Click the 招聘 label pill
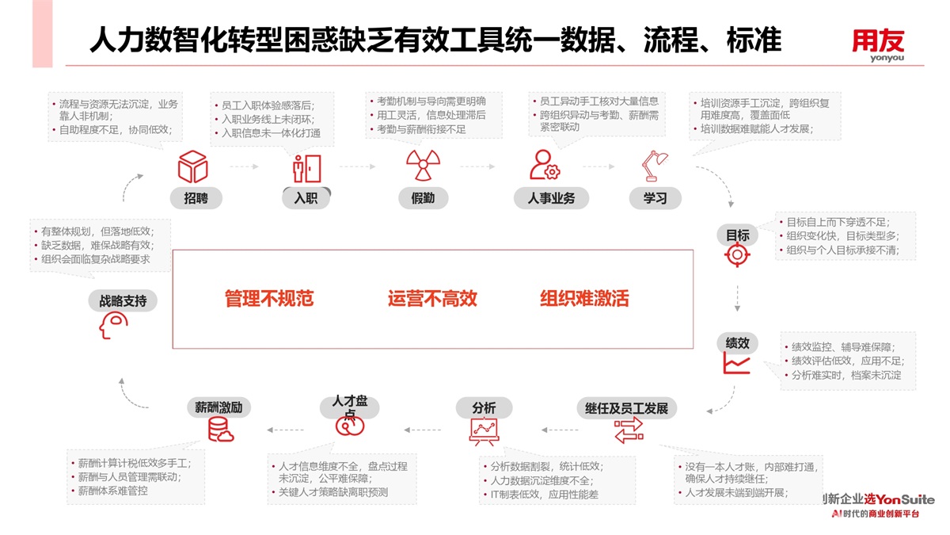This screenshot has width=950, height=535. pos(196,198)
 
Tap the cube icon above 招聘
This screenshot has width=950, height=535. pos(192,166)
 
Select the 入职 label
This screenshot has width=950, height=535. pos(306,198)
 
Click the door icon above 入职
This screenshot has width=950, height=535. pos(306,167)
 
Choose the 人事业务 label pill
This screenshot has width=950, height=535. pos(551,198)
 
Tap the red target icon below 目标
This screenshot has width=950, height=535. pos(737,255)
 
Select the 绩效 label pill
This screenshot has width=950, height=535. pos(737,343)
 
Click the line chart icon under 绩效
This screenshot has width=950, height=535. pos(736,364)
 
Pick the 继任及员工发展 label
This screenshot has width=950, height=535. pos(626,408)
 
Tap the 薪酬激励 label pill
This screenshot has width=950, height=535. pos(219,407)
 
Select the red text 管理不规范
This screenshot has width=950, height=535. pos(269,299)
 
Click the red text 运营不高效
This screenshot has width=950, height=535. pos(432,299)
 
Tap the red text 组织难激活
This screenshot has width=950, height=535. pos(584,299)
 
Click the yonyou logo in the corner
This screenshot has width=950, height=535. pos(878,44)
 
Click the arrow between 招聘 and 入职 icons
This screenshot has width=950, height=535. pos(244,167)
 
